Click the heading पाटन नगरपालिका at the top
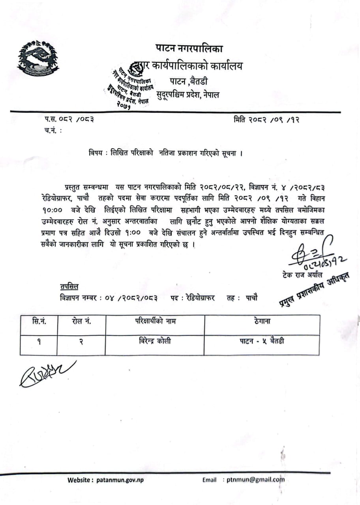[x=189, y=49]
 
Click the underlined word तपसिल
[x=69, y=286]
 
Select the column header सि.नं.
[x=38, y=322]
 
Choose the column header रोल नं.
[x=81, y=322]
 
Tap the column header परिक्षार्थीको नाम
[x=155, y=322]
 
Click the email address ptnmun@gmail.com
[x=255, y=480]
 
